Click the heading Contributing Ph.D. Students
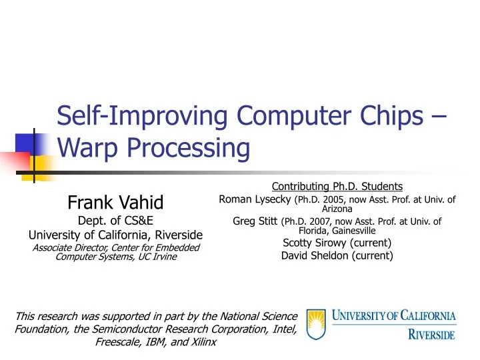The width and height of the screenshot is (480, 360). pos(337,186)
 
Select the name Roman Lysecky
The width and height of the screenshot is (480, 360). pos(255,199)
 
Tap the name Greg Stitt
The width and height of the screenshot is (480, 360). pos(256,221)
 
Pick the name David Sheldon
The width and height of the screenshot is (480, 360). pos(311,255)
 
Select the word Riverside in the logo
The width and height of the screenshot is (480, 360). pos(431,332)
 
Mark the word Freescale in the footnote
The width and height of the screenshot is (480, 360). pos(119,342)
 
